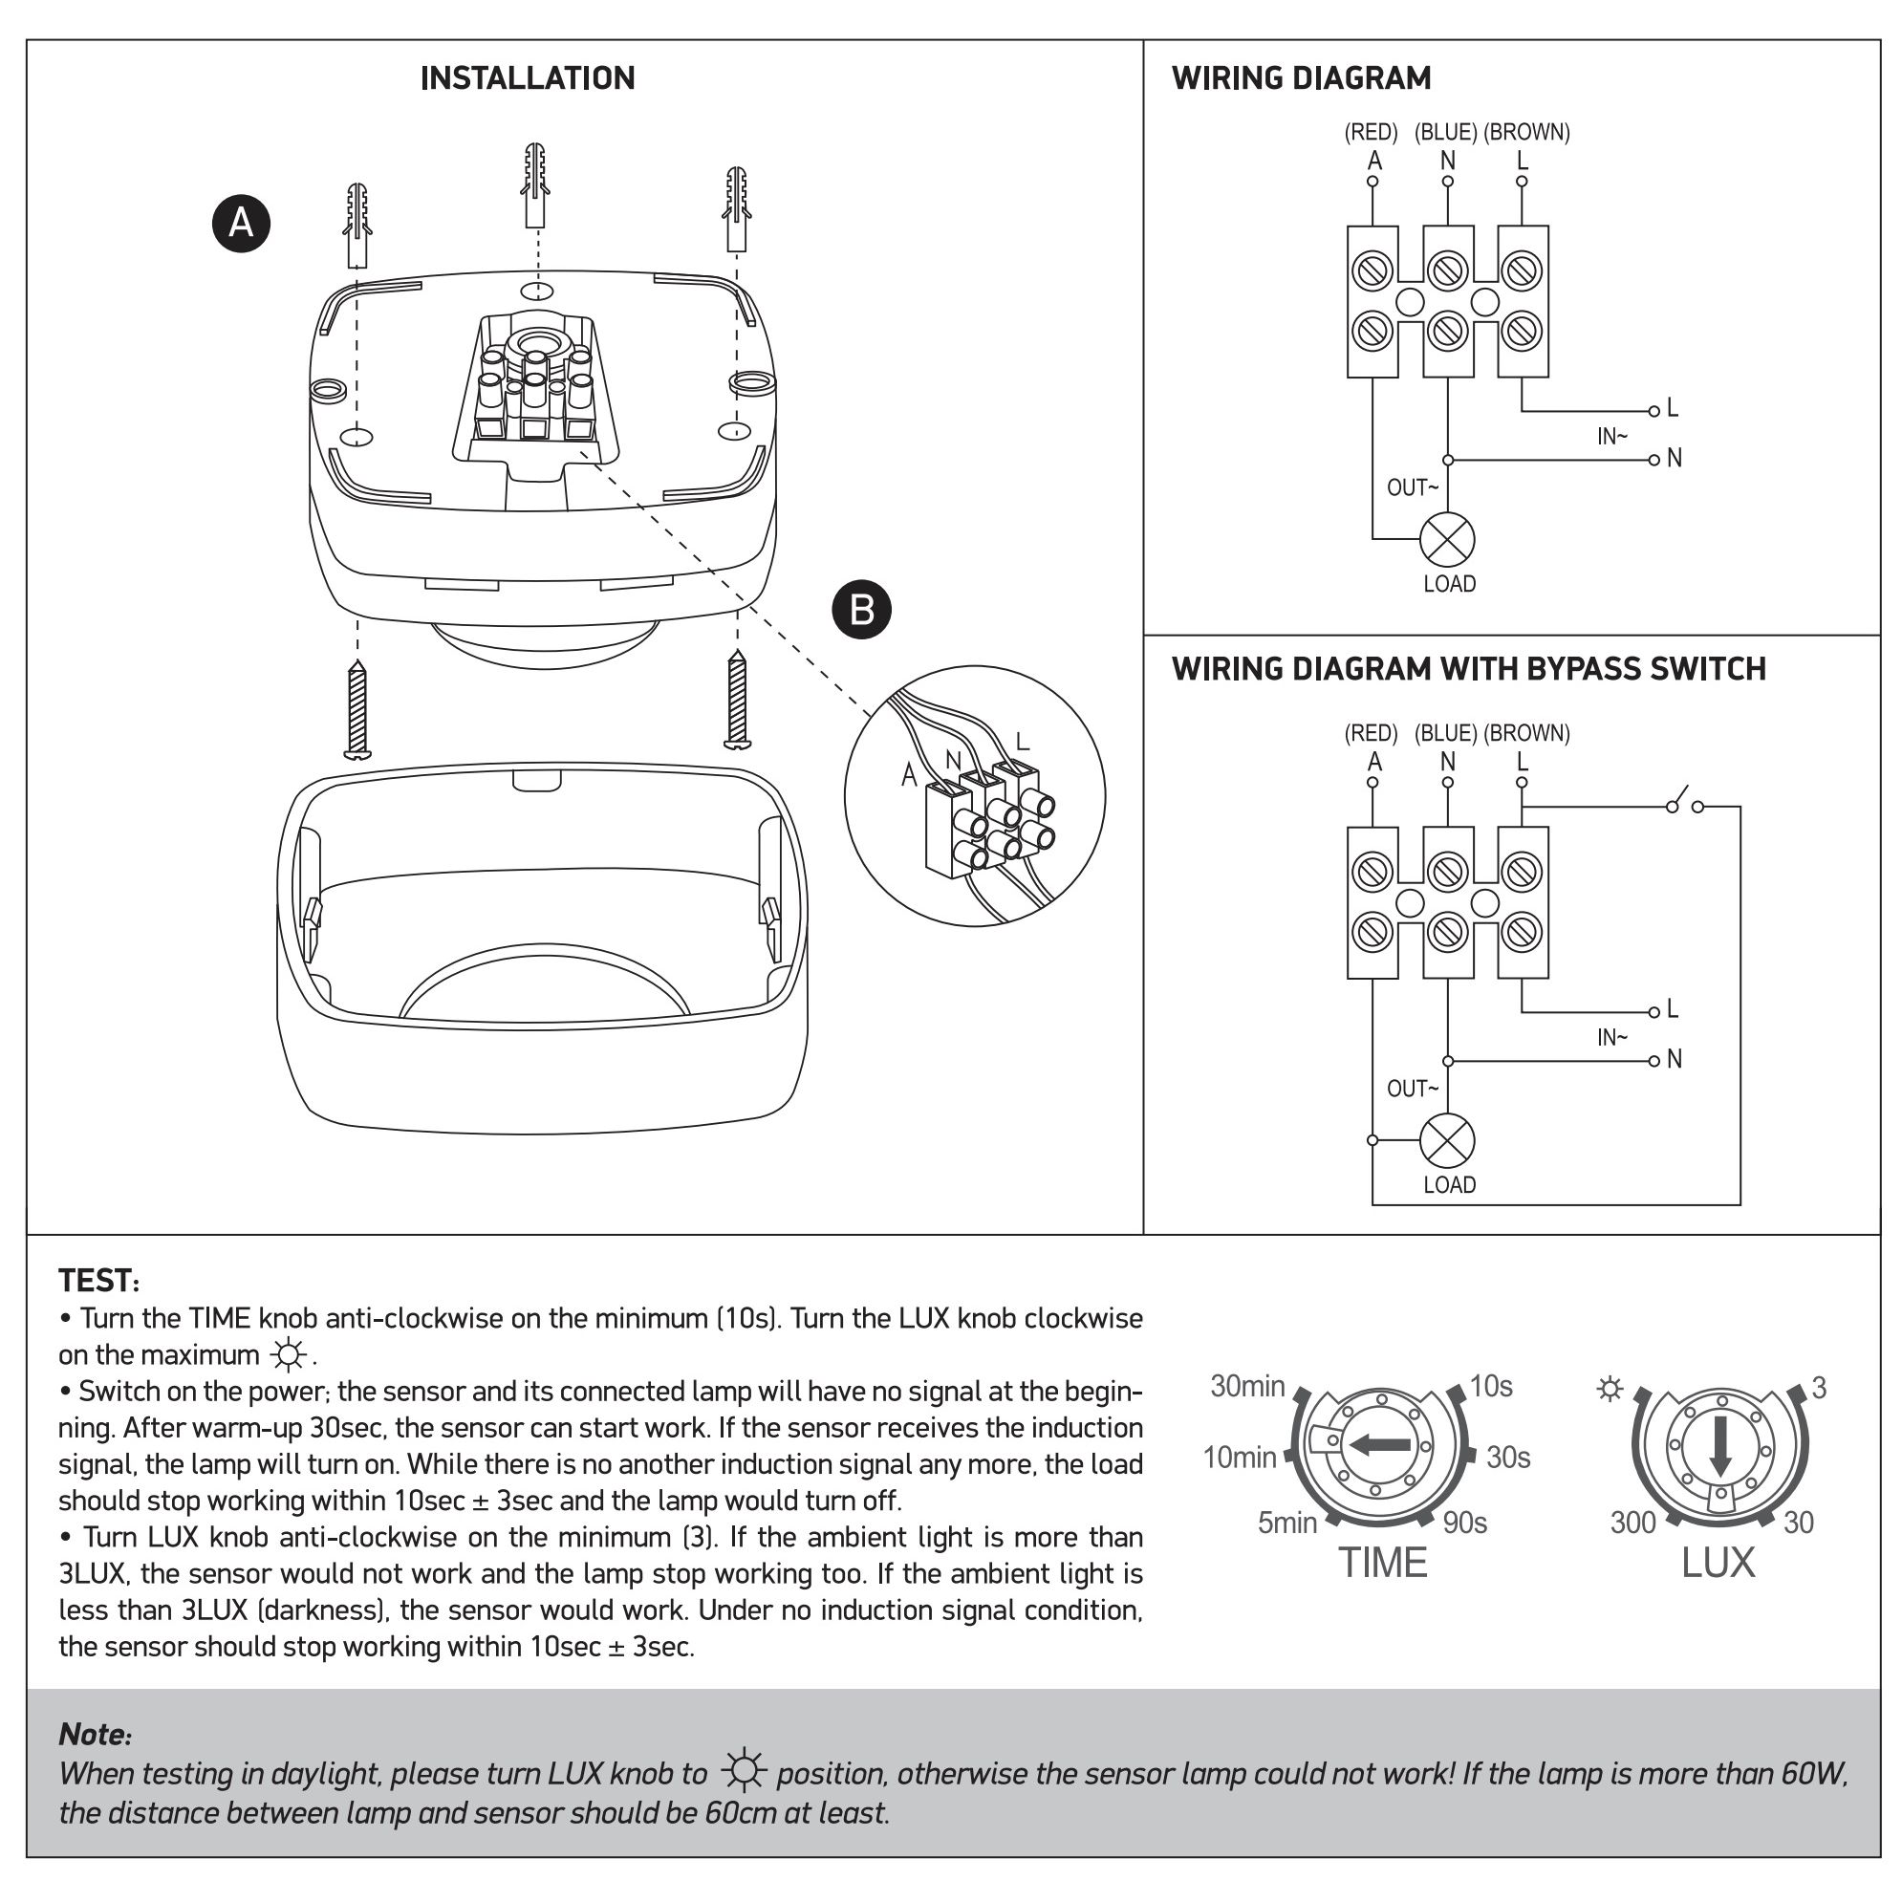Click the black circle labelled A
[x=241, y=224]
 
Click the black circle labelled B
[x=861, y=610]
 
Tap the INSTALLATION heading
[x=528, y=78]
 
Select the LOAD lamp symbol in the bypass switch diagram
[x=1446, y=1141]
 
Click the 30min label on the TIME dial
[x=1247, y=1386]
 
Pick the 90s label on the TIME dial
[x=1465, y=1522]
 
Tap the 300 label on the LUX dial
[x=1632, y=1522]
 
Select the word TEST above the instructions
[x=97, y=1281]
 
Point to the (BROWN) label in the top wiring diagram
[x=1526, y=132]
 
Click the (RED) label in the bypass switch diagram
[x=1371, y=733]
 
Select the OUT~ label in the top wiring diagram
[x=1412, y=487]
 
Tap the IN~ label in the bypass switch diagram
[x=1611, y=1038]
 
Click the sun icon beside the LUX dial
[x=1610, y=1389]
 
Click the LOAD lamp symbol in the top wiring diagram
[x=1446, y=539]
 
